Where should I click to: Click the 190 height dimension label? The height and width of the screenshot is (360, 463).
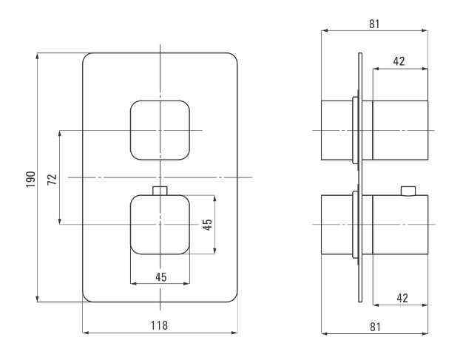point(31,179)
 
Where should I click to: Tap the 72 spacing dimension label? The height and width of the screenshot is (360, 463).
point(53,180)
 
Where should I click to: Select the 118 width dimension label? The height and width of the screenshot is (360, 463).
point(160,325)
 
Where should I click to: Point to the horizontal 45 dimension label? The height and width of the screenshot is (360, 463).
point(161,277)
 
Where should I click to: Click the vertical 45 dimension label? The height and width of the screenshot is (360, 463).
point(208,225)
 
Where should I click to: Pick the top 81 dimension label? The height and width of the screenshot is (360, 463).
point(374,24)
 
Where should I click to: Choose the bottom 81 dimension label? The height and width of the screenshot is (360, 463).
point(375,327)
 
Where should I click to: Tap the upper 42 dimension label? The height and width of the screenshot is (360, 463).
point(399,61)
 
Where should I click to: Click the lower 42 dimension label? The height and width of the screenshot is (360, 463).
point(402,298)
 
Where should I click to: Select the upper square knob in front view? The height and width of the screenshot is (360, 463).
point(160,130)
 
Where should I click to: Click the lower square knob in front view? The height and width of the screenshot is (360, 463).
point(160,225)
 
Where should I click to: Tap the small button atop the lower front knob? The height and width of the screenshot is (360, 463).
point(160,191)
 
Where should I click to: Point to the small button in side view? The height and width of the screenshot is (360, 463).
point(408,191)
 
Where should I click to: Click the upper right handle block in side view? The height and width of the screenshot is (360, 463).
point(400,130)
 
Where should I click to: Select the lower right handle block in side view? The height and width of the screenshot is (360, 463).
point(400,225)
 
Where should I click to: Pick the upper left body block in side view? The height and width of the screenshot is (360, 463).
point(337,130)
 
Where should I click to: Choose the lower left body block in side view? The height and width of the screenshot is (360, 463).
point(337,225)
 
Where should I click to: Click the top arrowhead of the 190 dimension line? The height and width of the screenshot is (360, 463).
point(37,56)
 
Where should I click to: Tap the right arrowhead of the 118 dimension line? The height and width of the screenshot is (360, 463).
point(234,333)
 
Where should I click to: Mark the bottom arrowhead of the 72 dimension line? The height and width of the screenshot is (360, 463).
point(60,221)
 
